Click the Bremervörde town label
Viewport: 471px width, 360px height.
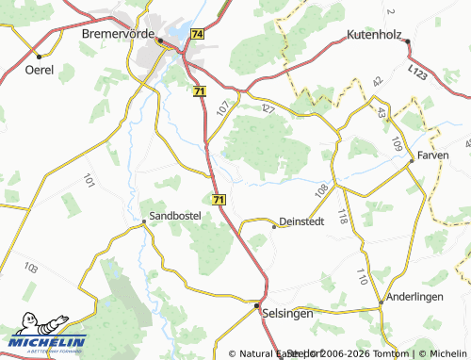point(120,33)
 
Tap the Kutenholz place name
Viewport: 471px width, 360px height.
point(375,33)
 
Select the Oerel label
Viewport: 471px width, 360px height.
point(39,70)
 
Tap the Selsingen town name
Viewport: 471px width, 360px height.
point(288,310)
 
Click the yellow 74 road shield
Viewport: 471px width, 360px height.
point(196,33)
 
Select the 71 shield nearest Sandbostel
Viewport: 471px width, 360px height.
point(219,200)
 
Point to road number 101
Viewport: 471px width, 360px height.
point(89,179)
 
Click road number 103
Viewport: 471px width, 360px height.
point(31,269)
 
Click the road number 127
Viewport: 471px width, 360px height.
point(268,109)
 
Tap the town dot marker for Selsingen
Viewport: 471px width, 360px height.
point(257,305)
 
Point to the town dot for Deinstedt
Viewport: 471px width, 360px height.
point(274,226)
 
